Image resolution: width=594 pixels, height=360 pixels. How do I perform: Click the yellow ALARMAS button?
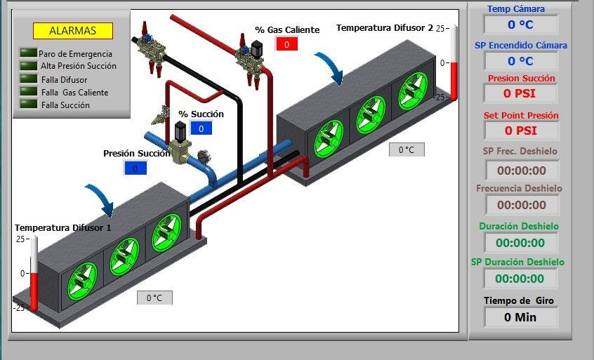[73, 31]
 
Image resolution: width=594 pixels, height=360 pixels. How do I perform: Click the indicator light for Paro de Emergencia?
[29, 53]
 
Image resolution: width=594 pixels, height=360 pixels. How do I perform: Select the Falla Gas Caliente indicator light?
[29, 91]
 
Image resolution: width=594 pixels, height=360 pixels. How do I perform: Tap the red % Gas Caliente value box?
[286, 44]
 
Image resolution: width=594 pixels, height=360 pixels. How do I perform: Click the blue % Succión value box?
[201, 128]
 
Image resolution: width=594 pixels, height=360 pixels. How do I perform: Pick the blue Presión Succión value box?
[136, 168]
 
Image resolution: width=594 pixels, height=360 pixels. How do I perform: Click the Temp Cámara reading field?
[520, 25]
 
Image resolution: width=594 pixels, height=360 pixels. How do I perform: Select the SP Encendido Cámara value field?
[520, 61]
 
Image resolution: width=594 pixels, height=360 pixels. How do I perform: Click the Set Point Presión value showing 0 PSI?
[521, 131]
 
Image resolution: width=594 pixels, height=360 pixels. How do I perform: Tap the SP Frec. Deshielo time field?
[522, 171]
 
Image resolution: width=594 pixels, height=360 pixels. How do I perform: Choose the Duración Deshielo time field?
[520, 243]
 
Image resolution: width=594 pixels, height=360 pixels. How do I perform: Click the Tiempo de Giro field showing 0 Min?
[520, 317]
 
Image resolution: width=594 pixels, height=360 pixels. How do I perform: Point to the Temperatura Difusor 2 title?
[385, 27]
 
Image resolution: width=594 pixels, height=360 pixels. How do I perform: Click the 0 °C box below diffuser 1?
[154, 298]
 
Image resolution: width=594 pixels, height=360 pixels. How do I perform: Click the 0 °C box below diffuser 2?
[407, 149]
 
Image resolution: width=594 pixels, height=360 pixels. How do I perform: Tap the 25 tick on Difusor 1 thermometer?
[21, 239]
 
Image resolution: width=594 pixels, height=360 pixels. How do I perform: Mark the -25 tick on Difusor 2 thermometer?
[442, 98]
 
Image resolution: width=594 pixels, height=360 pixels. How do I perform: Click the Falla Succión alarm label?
[65, 105]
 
